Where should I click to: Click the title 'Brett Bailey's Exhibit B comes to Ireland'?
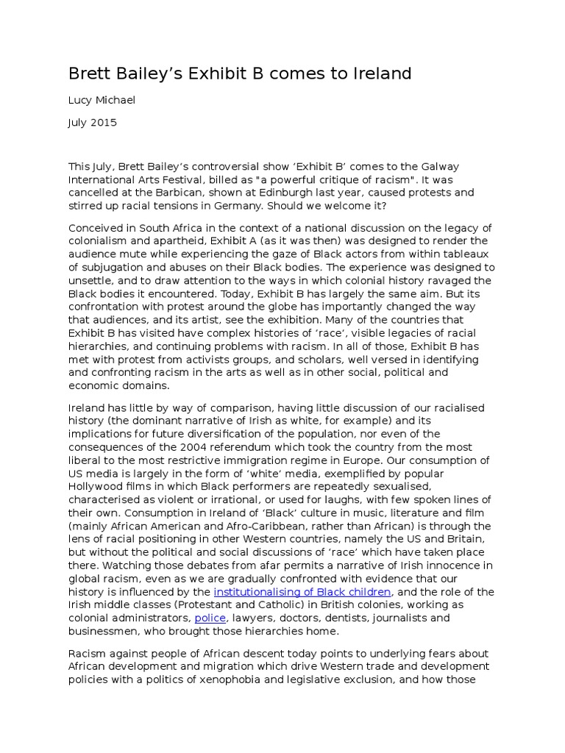point(240,74)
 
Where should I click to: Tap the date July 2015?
point(93,123)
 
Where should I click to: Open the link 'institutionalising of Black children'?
point(302,592)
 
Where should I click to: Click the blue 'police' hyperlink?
point(210,618)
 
